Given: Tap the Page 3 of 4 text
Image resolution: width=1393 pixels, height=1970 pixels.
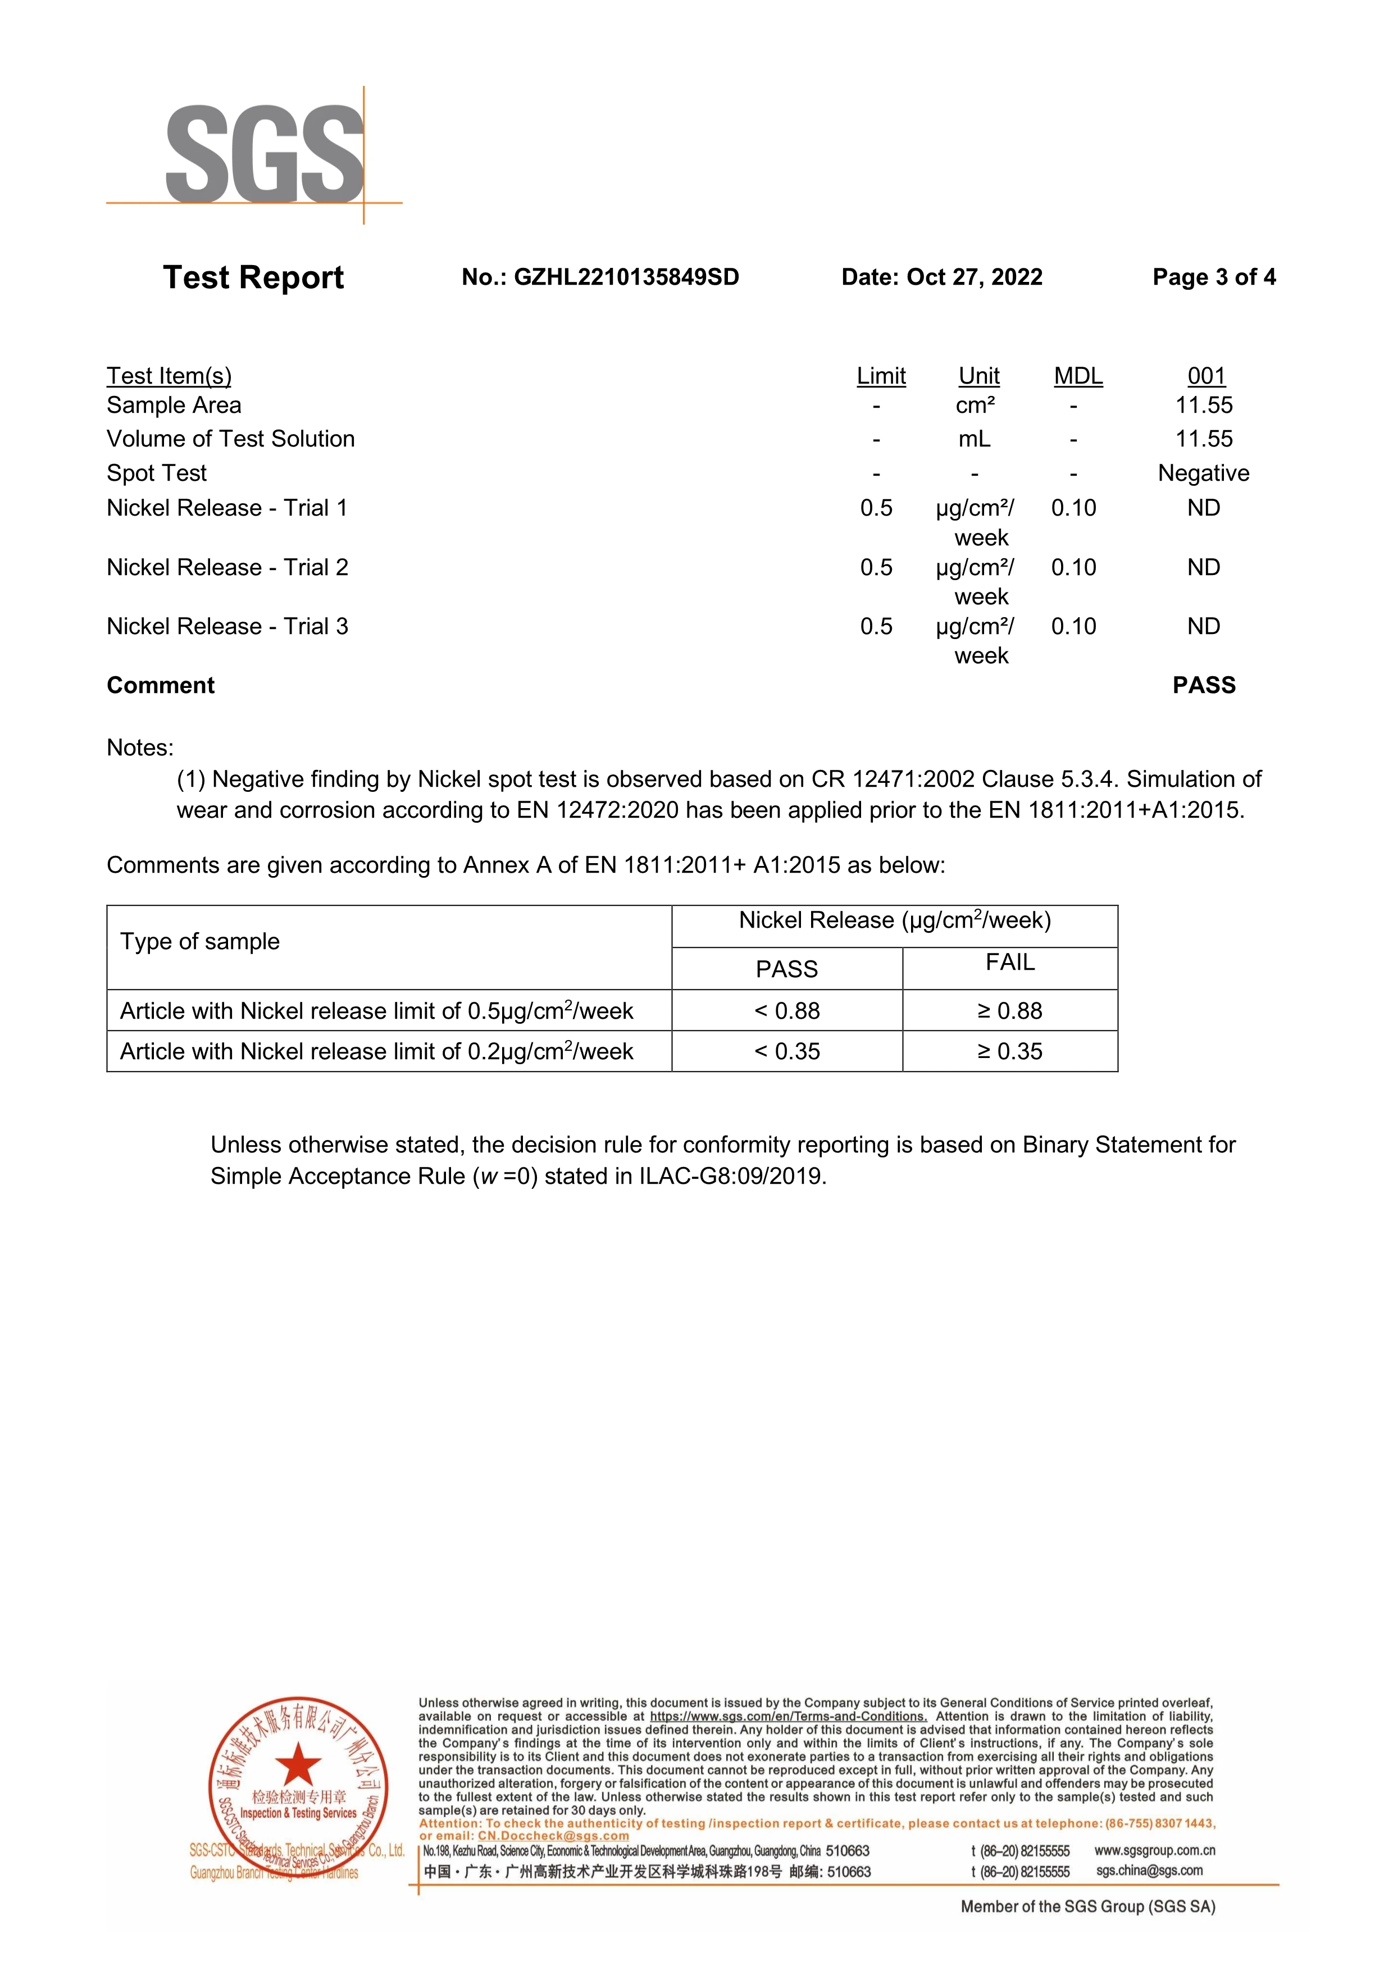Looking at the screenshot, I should coord(1214,277).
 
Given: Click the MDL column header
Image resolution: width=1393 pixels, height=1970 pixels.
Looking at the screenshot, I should coord(1078,376).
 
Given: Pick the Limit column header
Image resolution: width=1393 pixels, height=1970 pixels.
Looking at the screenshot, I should coord(881,376).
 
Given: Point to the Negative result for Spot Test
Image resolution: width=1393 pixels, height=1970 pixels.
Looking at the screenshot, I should coord(1203,473).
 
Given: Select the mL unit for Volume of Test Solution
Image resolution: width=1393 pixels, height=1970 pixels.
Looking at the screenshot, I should coord(974,439).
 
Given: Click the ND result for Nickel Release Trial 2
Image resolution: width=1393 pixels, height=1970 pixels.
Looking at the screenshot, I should coord(1203,567).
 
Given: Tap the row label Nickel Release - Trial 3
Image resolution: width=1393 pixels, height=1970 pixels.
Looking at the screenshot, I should coord(227,626).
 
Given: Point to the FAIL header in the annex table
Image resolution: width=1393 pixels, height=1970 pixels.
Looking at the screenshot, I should coord(1010,963).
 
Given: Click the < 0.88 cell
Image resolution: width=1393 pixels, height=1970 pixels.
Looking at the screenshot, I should coord(787,1011).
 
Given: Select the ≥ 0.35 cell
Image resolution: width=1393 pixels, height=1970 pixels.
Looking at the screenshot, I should coord(1010,1051).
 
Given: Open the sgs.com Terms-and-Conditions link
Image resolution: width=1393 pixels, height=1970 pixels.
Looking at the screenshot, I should coord(788,1717).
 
